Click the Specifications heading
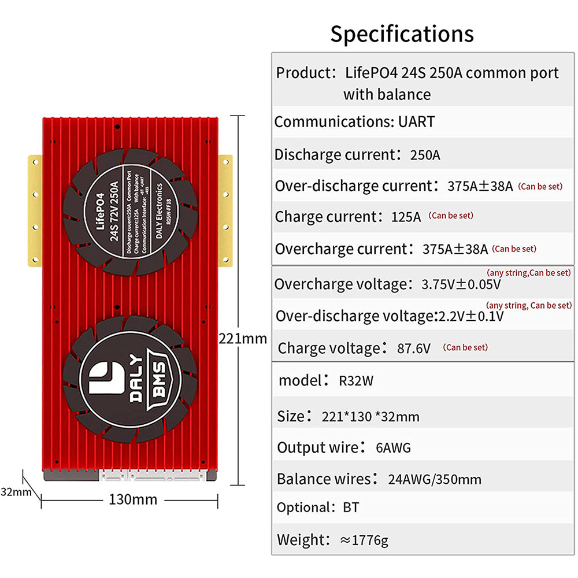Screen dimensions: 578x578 coord(402,34)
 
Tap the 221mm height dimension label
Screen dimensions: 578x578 coord(243,338)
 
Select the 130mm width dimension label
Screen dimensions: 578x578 coord(133,499)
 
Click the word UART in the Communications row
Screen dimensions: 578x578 coord(416,122)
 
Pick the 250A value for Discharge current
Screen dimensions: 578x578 coord(425,155)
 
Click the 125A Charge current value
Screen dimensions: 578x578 coord(406,217)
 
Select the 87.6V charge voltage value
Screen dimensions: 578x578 coord(413,349)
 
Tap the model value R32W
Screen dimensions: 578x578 coord(356,381)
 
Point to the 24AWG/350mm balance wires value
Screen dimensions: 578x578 coord(435,479)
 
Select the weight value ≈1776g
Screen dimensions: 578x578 coord(364,540)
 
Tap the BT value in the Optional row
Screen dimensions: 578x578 coord(350,507)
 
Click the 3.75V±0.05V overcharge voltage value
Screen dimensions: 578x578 coord(461,285)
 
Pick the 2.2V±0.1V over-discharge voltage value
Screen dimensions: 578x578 coord(471,316)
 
